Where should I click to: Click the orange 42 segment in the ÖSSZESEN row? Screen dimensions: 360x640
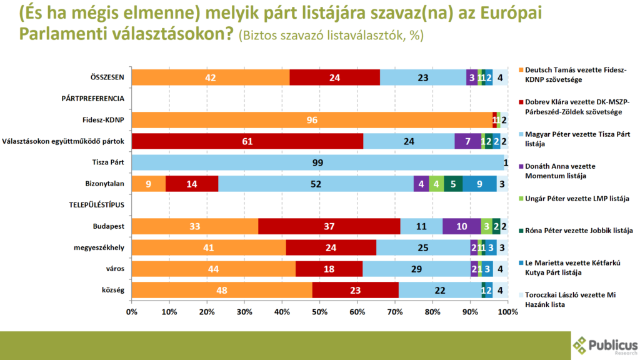coord(211,77)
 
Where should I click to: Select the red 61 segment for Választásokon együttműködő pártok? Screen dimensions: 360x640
coord(247,141)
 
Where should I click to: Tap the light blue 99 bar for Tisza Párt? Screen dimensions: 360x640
coord(317,162)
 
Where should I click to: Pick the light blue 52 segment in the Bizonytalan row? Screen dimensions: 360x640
coord(316,184)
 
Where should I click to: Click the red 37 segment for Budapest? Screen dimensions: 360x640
coord(329,226)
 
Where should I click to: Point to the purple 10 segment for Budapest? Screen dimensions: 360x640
coord(461,226)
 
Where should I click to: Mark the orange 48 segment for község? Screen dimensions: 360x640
coord(222,290)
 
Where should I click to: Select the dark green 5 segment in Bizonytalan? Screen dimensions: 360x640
coord(453,184)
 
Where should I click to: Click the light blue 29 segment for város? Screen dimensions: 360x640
coord(416,269)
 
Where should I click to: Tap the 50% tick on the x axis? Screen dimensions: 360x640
coord(319,311)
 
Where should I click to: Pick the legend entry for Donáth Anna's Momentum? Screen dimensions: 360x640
coord(564,171)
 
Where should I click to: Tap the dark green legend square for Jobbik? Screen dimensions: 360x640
coord(520,231)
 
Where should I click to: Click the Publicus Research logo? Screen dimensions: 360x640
coord(605,345)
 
